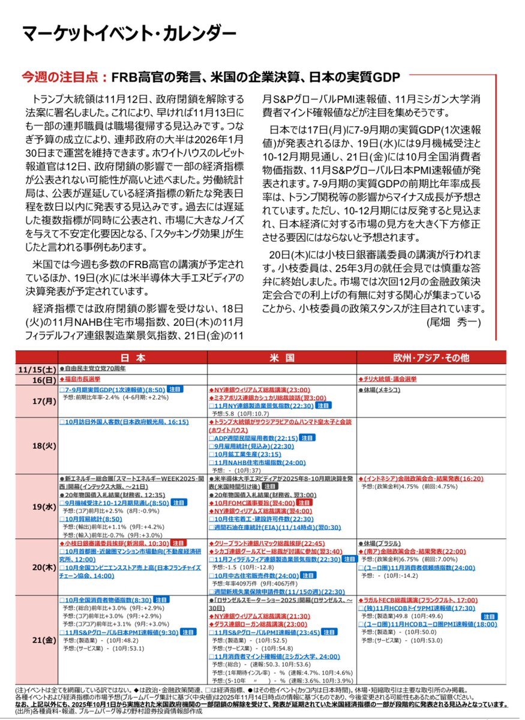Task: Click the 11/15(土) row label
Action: [38, 369]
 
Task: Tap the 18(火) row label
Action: [38, 445]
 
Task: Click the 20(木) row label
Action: [38, 568]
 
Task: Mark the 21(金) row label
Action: [38, 640]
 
